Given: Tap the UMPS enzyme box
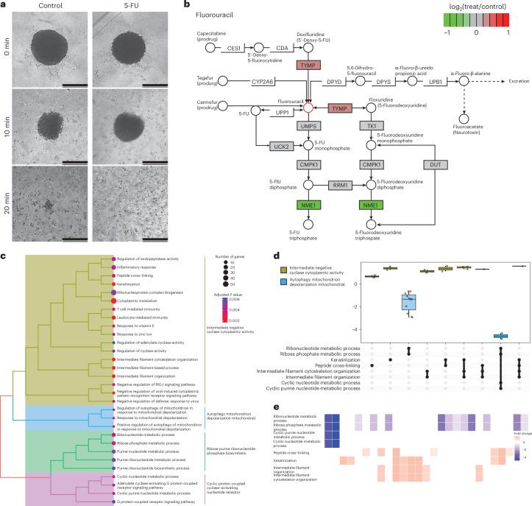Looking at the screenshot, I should click(x=308, y=127).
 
